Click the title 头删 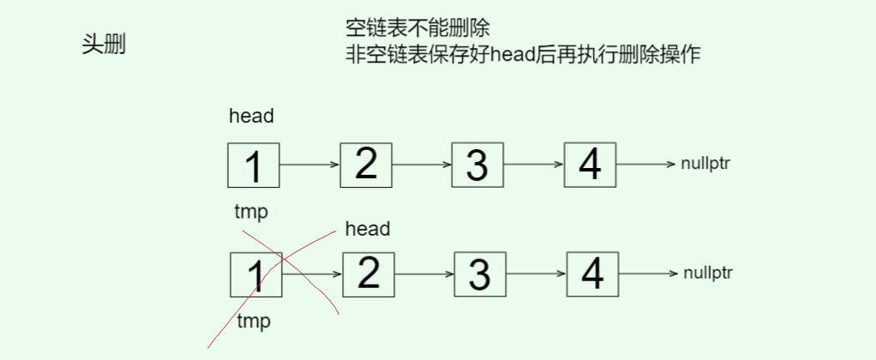104,45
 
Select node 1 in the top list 254,165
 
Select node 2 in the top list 366,164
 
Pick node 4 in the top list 590,164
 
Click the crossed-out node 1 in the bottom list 255,275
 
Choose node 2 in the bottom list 369,273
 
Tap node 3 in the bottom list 480,274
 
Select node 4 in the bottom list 593,273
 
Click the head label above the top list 251,117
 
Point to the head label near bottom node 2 367,229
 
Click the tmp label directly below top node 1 251,212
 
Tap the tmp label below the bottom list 253,321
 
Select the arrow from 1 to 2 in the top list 309,165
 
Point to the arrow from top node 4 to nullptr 645,164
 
